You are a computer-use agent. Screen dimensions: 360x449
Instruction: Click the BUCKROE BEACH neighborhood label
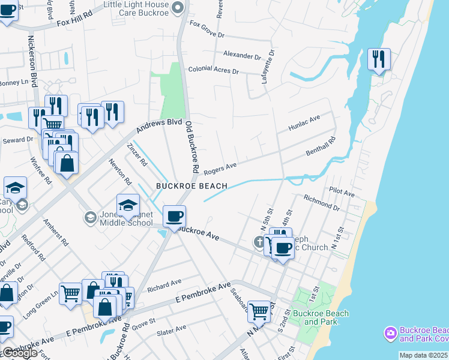191,186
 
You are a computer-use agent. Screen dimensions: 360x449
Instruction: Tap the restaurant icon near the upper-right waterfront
379,60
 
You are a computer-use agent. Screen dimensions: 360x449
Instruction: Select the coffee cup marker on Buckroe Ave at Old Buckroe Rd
174,217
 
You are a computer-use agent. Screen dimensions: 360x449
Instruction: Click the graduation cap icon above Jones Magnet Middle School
128,206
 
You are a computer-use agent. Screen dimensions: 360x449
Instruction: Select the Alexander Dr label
242,55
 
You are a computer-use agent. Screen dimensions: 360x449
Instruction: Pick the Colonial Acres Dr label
214,70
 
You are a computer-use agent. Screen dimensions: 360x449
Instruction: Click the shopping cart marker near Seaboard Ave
259,311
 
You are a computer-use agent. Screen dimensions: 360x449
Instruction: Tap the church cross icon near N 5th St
259,242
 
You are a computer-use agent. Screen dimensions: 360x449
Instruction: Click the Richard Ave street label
164,282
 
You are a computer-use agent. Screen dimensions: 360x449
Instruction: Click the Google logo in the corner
19,353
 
